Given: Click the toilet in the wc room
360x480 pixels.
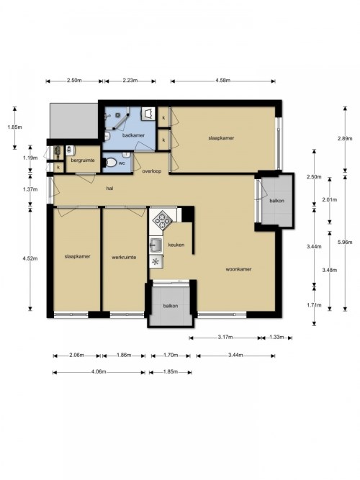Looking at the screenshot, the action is click(109, 162).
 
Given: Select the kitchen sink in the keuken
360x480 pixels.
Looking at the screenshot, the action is click(156, 245).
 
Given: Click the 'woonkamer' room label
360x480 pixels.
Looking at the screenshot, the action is click(238, 269).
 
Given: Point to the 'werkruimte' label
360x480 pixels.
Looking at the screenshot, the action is click(124, 258).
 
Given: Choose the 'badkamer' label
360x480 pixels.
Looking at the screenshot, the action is click(133, 135).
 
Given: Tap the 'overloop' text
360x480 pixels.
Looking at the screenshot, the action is click(152, 171).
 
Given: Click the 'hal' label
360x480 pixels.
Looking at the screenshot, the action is click(109, 189).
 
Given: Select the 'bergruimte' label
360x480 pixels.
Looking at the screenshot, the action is click(83, 160).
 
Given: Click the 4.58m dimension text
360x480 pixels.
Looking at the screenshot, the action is click(222, 81).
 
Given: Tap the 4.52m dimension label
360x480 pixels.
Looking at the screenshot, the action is click(30, 258).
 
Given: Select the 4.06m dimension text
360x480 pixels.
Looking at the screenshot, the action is click(99, 372).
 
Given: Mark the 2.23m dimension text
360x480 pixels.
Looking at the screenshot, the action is click(130, 81).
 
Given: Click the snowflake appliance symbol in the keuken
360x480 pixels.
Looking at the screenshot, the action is click(156, 262).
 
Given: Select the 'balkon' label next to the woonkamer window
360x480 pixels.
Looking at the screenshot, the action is click(277, 201).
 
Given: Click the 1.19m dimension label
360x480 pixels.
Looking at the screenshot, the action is click(30, 158).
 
